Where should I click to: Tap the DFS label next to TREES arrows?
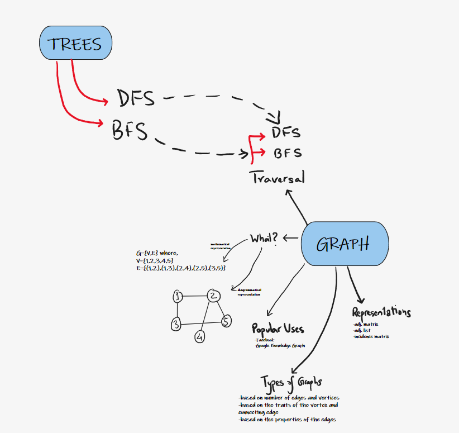click(x=136, y=98)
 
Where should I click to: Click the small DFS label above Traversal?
click(x=286, y=132)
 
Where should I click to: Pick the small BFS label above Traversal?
click(x=287, y=153)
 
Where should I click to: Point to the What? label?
click(x=264, y=238)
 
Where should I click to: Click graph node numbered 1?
click(x=178, y=297)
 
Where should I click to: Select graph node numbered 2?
click(x=213, y=296)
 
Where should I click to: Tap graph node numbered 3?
click(x=176, y=323)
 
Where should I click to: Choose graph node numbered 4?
click(x=199, y=337)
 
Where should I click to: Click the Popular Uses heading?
click(x=278, y=329)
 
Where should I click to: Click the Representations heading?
click(x=381, y=312)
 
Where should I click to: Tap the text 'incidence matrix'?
click(x=371, y=336)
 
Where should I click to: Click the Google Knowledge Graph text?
click(x=280, y=346)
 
